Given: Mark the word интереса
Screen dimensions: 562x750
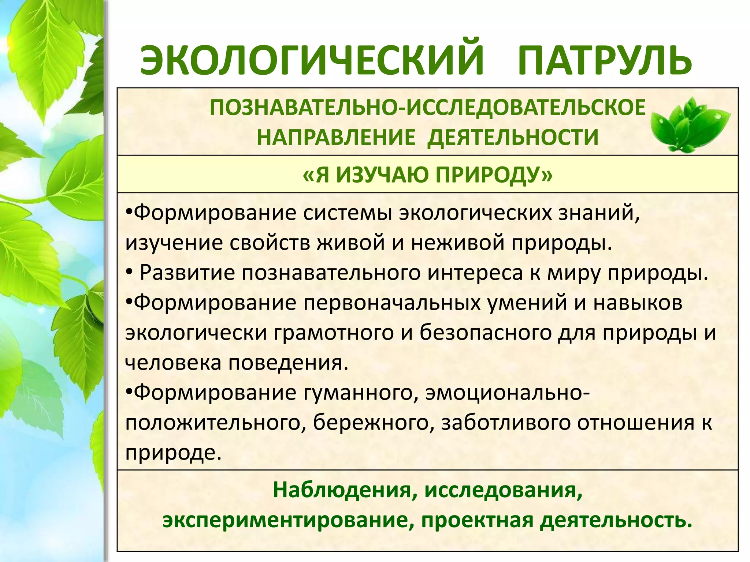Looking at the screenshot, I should click(x=476, y=273).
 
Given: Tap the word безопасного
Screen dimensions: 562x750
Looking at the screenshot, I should click(x=486, y=333).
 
